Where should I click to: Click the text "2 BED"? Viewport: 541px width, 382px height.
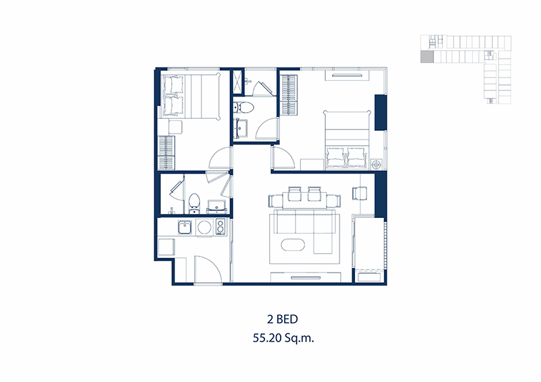pos(282,319)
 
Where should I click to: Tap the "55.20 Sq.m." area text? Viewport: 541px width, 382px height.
pos(283,338)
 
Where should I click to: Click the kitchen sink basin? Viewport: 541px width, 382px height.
pos(185,227)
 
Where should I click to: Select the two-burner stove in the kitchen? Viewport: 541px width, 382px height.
pos(220,227)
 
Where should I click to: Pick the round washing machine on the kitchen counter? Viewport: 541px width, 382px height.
pos(204,227)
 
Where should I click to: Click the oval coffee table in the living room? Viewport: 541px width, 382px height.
pos(293,245)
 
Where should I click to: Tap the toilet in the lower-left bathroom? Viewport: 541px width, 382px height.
pos(194,203)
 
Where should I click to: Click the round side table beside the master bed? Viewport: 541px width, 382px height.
pos(377,164)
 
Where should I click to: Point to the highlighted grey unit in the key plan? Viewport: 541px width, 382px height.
pos(427,57)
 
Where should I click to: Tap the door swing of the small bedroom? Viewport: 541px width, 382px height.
pos(220,158)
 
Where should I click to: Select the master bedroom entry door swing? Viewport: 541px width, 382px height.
pos(283,157)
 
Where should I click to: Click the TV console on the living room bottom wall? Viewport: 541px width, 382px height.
pos(306,277)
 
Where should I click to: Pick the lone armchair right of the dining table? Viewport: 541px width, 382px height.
pos(359,193)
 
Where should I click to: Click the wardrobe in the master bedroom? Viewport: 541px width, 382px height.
pos(289,93)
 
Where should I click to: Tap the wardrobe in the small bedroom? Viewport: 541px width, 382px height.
pos(166,153)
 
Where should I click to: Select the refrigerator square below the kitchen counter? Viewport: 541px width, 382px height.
pos(166,247)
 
